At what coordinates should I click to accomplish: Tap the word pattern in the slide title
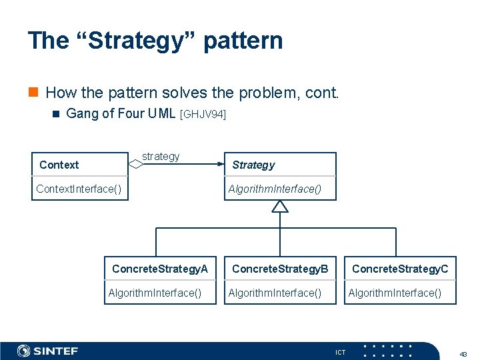tap(243, 41)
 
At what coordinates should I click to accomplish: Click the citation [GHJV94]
tap(203, 115)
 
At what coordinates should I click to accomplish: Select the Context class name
tap(59, 165)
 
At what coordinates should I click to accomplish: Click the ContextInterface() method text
tap(79, 189)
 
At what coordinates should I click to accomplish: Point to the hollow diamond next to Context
tap(135, 163)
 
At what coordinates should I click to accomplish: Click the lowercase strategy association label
tap(161, 156)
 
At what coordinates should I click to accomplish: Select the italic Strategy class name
tap(253, 165)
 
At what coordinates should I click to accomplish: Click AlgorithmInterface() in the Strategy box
tap(274, 189)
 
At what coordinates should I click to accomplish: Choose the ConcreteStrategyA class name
tap(160, 269)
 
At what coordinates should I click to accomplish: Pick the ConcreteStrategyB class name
tap(280, 269)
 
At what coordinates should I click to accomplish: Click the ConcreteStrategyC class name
tap(400, 269)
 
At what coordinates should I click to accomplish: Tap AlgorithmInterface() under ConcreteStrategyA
tap(155, 293)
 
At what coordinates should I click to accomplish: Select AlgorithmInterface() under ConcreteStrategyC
tap(395, 293)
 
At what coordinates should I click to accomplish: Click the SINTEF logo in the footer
tap(47, 351)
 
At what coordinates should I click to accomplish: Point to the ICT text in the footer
tap(340, 352)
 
